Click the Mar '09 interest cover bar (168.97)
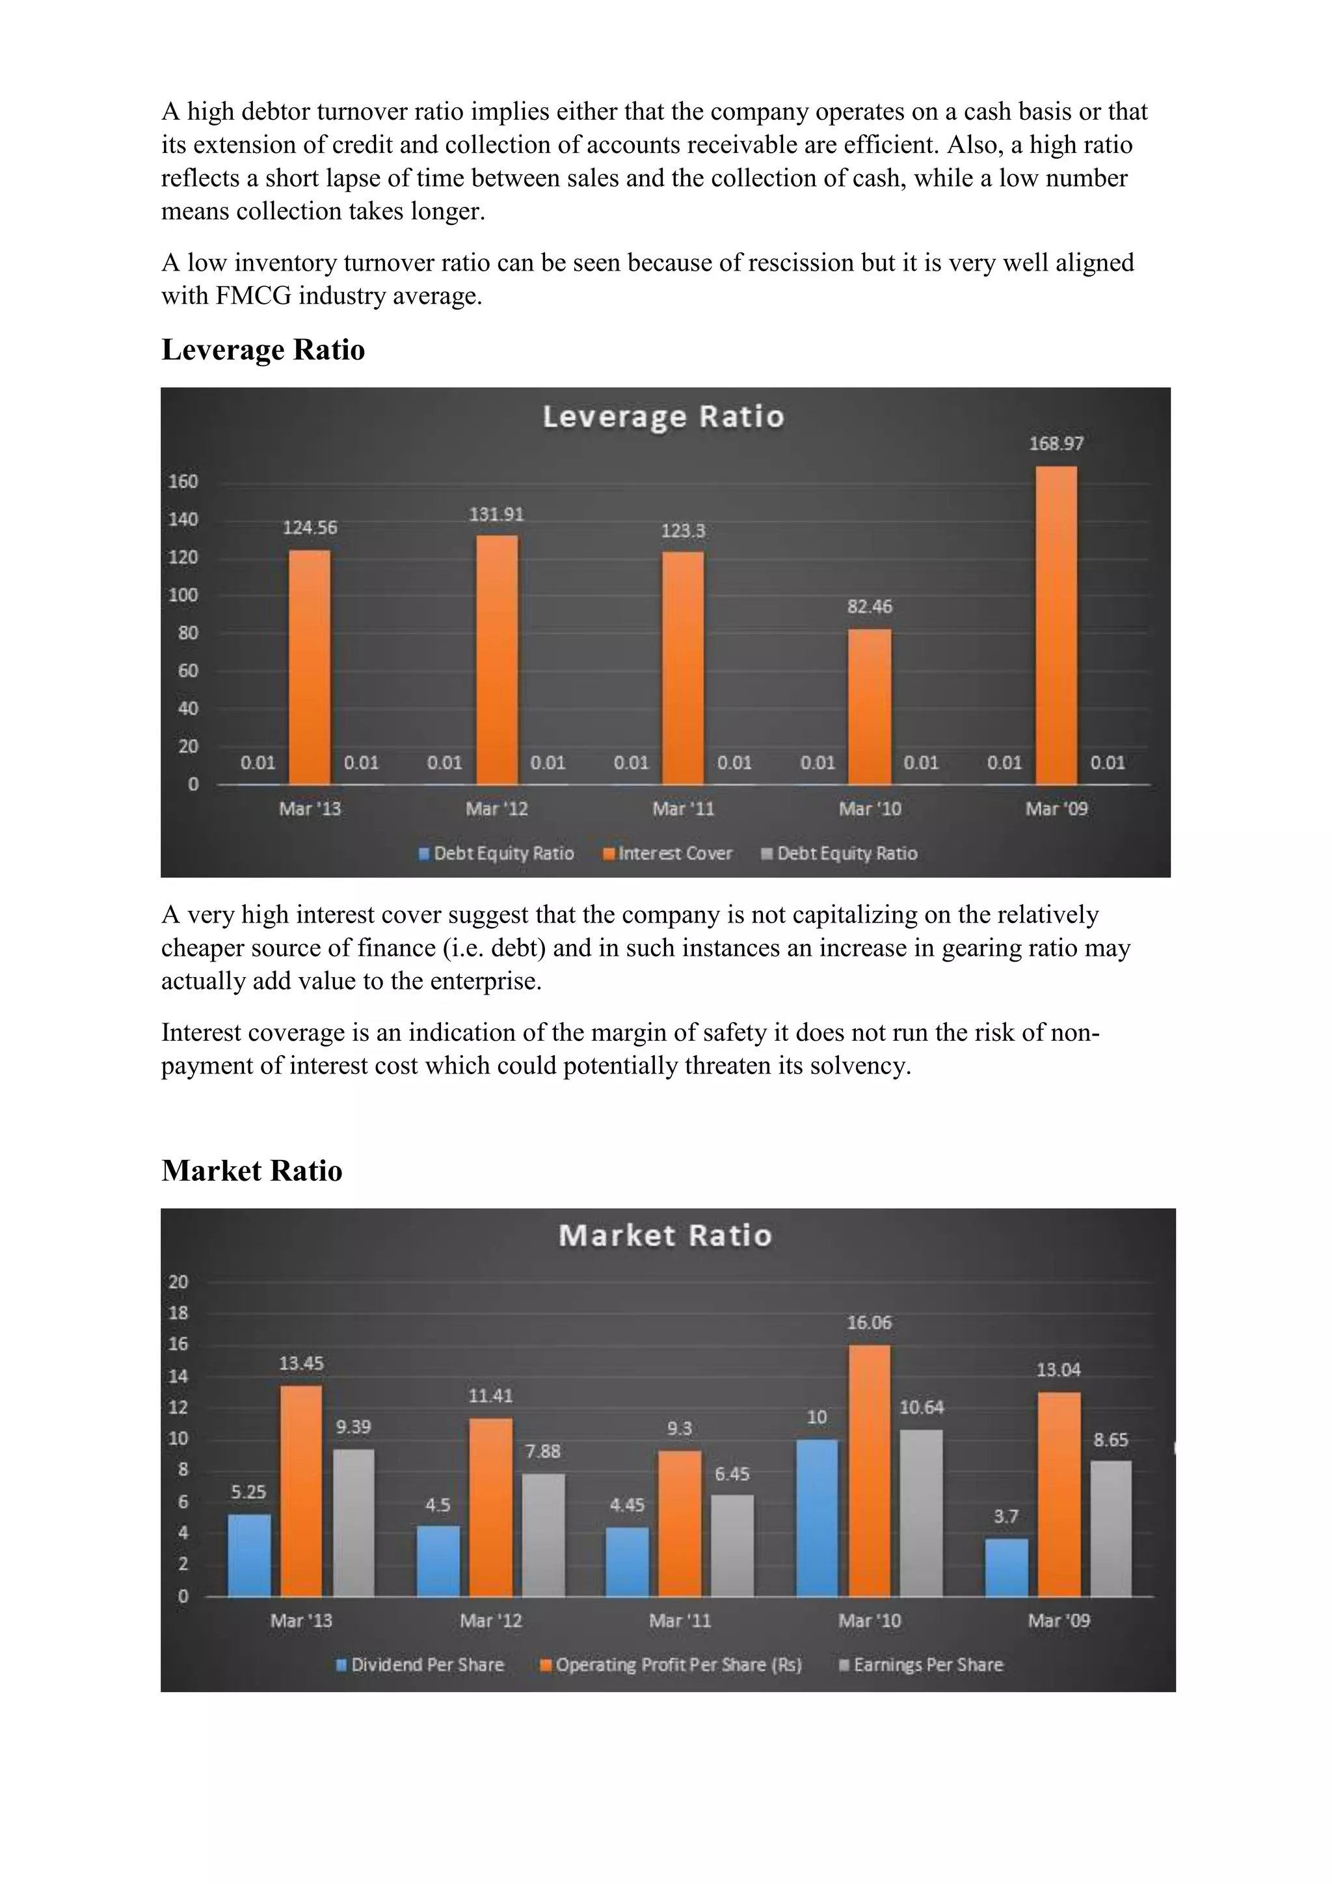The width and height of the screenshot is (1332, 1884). [1056, 625]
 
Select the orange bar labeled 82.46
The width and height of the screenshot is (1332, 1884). [870, 706]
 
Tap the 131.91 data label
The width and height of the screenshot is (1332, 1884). [496, 515]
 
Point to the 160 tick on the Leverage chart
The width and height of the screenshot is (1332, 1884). [183, 481]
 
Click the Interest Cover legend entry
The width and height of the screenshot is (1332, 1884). [668, 854]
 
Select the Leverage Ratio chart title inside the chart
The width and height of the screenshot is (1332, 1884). [663, 417]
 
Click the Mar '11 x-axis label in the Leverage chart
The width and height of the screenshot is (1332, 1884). [683, 809]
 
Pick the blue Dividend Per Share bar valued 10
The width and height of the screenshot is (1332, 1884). [817, 1517]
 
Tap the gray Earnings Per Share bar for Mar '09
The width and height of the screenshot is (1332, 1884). [1111, 1528]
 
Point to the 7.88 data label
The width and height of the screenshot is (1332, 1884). [543, 1451]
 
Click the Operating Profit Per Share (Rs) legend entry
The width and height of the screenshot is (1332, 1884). [671, 1664]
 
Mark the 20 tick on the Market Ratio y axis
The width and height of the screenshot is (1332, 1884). [179, 1282]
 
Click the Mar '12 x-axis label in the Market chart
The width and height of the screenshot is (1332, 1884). [490, 1621]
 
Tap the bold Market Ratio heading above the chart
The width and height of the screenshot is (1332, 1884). [252, 1171]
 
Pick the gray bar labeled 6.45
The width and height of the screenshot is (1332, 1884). [732, 1545]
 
